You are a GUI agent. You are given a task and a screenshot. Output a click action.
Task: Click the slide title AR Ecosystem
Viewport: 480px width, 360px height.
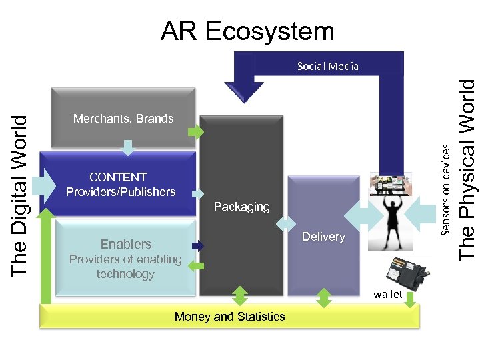247,31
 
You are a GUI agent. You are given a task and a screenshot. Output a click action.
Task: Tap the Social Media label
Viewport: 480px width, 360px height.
327,66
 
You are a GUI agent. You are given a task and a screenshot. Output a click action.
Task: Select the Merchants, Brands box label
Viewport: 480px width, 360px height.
123,119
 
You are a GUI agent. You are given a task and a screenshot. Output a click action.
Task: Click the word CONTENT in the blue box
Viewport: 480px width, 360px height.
118,177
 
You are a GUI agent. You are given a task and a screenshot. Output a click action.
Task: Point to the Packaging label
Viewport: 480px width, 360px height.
241,207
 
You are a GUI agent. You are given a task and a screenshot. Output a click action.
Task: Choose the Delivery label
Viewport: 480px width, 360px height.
323,237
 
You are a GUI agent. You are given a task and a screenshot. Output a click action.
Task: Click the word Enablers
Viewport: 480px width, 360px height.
126,244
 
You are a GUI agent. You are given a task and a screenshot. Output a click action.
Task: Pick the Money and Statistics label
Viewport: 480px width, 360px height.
229,317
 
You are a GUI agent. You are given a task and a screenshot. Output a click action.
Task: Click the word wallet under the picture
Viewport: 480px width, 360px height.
388,294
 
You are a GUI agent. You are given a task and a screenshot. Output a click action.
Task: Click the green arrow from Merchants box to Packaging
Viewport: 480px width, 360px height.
196,133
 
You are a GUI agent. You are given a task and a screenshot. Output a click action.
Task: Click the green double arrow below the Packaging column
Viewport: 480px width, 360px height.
239,296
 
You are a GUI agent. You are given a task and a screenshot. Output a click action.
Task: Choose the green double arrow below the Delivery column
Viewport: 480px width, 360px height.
323,297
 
